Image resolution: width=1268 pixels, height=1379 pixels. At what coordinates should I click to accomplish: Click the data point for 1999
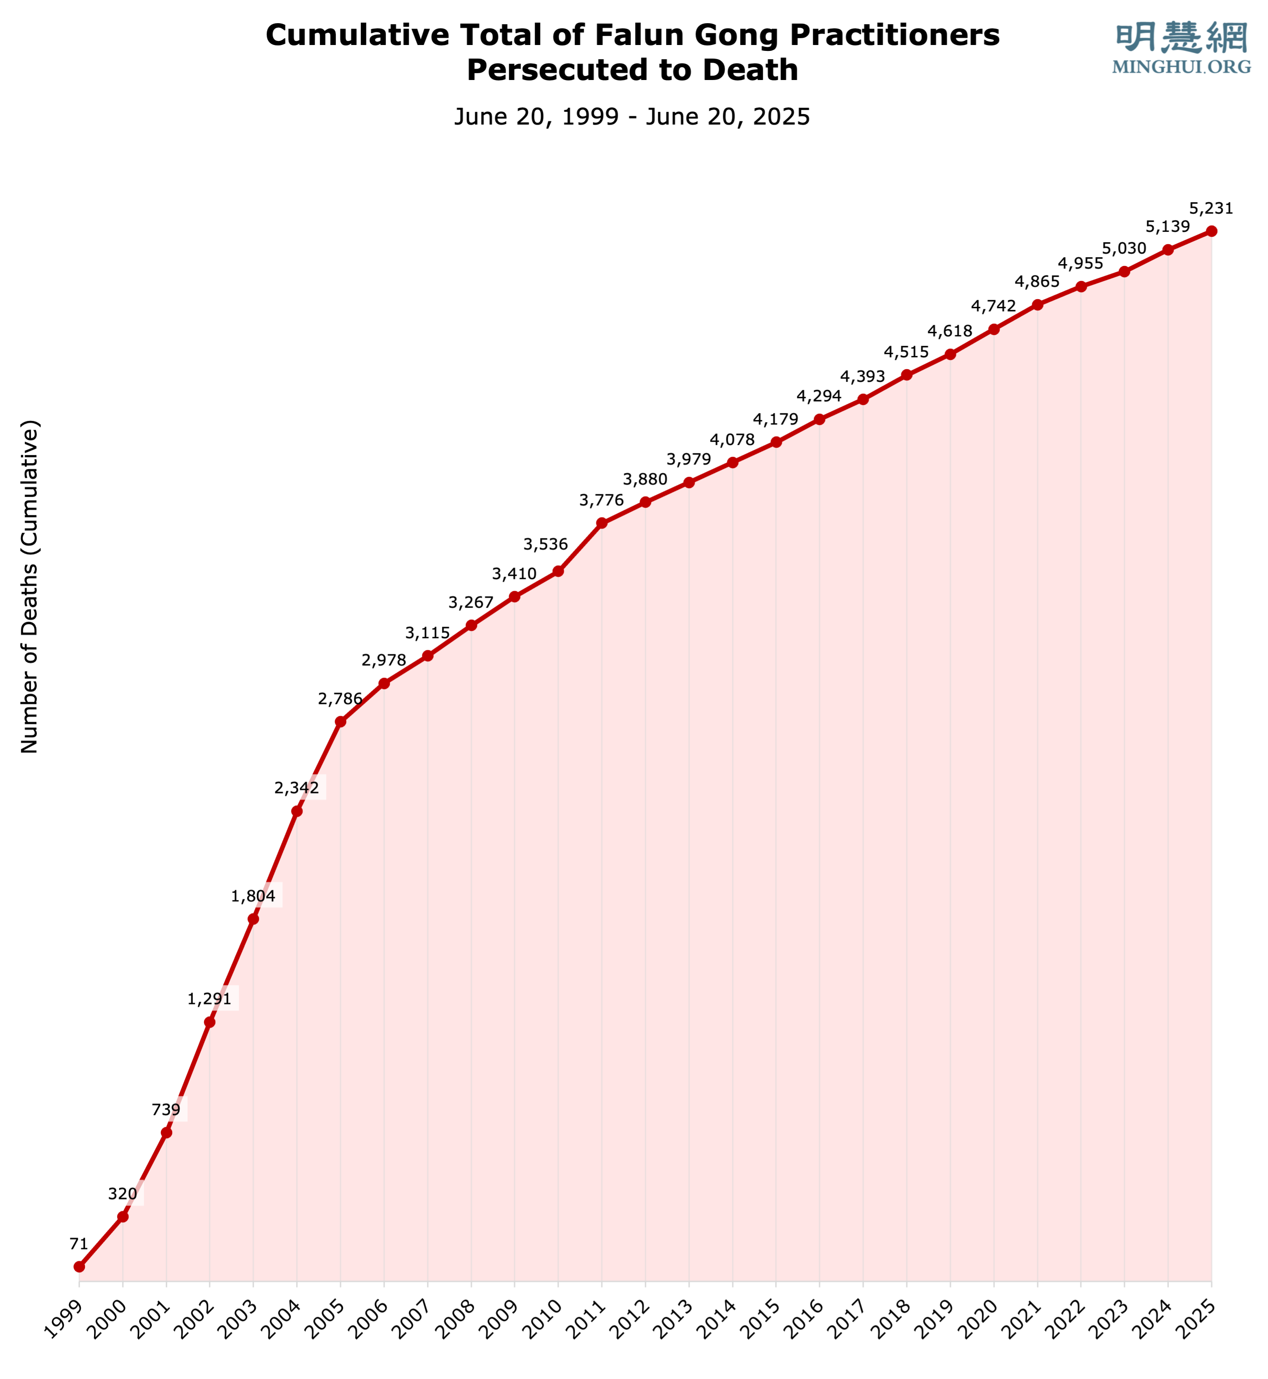coord(79,1266)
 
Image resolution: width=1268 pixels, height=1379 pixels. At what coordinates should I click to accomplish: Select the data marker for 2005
coord(340,721)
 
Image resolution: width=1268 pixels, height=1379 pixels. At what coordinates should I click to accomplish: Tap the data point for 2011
coord(602,523)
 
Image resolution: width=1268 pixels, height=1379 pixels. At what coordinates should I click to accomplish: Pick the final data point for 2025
coord(1212,231)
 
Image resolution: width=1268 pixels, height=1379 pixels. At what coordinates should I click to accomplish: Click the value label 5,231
coord(1211,208)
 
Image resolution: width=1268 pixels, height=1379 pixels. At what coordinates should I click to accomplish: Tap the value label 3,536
coord(546,545)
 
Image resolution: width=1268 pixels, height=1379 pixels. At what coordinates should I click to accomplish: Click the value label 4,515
coord(906,352)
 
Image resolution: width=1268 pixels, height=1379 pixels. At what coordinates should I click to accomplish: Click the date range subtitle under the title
coord(632,117)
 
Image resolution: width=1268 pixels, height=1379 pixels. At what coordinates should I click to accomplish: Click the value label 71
coord(79,1244)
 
